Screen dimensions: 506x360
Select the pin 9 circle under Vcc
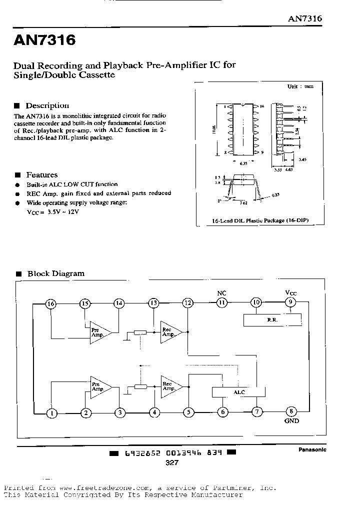[290, 302]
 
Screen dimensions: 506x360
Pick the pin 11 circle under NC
[222, 302]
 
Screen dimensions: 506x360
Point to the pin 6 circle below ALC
[223, 412]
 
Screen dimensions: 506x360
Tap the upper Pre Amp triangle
[98, 331]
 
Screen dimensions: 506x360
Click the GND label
[291, 421]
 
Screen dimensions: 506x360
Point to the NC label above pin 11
[222, 292]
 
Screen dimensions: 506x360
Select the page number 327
[172, 463]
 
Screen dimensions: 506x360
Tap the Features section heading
[41, 175]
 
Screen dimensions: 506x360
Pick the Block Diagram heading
[55, 273]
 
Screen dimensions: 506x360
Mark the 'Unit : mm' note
[300, 86]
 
